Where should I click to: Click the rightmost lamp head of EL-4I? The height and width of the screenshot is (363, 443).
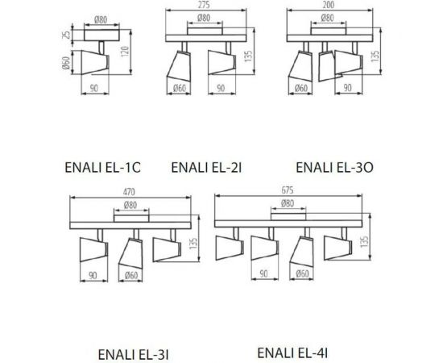pos(339,245)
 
